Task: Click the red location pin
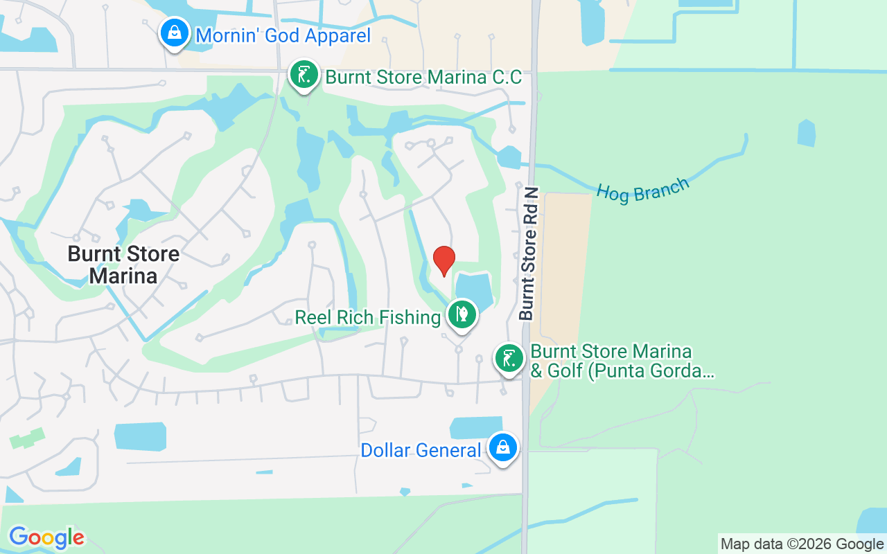[x=443, y=260]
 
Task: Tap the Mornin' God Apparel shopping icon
[x=175, y=33]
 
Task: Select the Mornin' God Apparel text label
[x=283, y=35]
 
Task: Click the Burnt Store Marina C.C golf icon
[x=304, y=75]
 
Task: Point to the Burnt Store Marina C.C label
[x=423, y=77]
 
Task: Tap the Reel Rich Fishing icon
[x=462, y=315]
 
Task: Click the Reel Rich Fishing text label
[x=367, y=318]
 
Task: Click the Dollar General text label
[x=421, y=451]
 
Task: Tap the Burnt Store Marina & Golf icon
[x=509, y=359]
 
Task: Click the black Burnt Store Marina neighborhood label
[x=123, y=265]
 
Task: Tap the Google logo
[x=46, y=537]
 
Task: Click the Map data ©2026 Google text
[x=802, y=544]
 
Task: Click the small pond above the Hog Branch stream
[x=806, y=133]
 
